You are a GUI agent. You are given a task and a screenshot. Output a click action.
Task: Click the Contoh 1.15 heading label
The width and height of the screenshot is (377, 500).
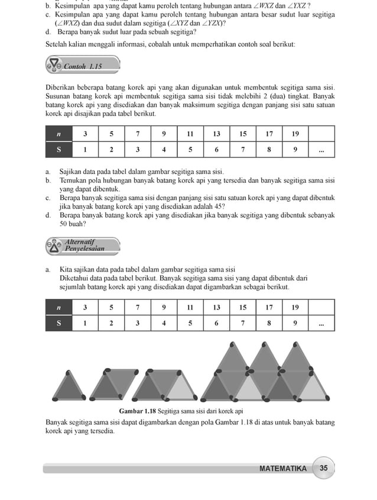click(82, 66)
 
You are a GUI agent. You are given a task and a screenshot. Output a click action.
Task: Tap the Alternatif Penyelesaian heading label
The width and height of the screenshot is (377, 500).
click(84, 245)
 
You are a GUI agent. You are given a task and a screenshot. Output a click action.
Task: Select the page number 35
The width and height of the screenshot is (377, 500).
click(323, 468)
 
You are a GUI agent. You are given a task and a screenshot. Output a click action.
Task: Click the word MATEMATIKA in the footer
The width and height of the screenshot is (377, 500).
click(283, 469)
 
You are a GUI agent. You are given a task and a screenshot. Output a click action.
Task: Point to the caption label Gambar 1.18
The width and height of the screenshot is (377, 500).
click(138, 411)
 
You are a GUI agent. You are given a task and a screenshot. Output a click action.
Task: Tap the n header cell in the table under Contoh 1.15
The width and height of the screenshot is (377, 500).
click(58, 134)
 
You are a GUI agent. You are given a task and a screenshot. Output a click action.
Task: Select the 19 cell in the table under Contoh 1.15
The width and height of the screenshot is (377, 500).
click(295, 134)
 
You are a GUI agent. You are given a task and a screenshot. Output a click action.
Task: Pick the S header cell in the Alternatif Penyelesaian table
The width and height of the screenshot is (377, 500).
click(58, 323)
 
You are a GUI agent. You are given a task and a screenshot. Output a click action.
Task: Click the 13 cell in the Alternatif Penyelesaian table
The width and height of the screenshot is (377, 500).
click(216, 307)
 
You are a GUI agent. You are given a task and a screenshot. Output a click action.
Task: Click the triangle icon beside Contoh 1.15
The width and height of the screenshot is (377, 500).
click(54, 64)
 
